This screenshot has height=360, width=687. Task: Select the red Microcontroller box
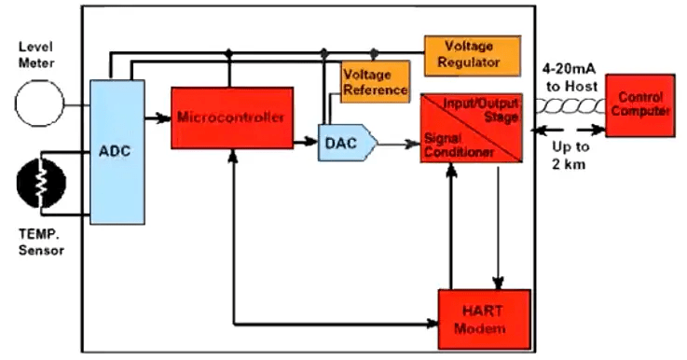point(226,118)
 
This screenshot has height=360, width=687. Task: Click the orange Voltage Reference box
point(375,81)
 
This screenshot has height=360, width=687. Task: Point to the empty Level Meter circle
point(40,102)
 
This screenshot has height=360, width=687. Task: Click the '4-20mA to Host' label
point(570,76)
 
